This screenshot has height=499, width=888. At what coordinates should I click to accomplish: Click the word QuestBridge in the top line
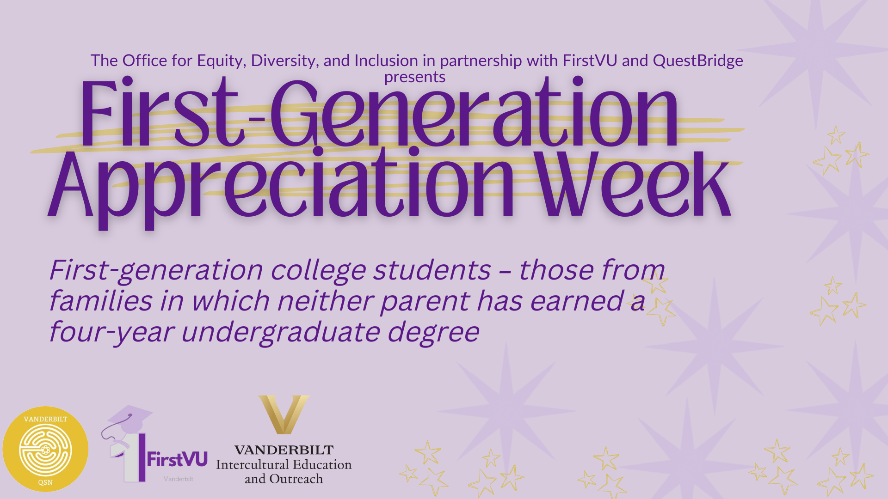point(698,61)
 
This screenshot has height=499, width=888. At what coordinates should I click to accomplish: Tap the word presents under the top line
point(415,77)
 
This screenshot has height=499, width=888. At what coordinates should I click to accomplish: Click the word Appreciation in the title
point(281,187)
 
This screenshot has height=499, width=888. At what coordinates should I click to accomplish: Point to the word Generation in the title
point(475,113)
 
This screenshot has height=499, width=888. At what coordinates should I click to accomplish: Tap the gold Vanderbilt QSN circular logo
point(45,449)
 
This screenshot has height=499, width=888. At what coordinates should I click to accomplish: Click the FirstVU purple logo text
point(177,459)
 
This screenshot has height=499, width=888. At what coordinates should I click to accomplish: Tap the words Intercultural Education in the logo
point(284,464)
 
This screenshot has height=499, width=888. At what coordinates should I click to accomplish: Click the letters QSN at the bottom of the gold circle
point(45,482)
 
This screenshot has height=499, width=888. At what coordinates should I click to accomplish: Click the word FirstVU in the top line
point(590,61)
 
